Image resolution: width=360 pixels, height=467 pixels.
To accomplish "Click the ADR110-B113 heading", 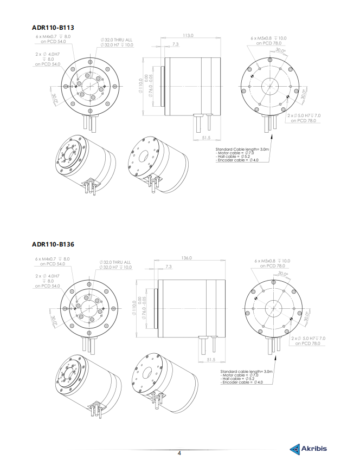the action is pos(53,28).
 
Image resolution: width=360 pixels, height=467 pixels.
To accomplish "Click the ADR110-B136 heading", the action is pos(53,244).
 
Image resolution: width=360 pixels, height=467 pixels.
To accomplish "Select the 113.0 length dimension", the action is pos(188,35).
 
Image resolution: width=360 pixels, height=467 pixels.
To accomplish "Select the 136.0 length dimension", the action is pos(187,258).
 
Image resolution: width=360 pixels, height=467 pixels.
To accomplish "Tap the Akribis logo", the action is pos(308,449).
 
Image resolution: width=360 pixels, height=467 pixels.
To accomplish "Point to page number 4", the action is pos(179,453).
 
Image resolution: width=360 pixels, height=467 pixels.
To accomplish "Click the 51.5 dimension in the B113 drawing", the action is pos(206,138).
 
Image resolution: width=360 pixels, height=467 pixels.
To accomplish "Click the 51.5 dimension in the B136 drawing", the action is pos(211,360).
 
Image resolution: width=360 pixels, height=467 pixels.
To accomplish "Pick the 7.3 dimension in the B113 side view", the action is pos(176,44).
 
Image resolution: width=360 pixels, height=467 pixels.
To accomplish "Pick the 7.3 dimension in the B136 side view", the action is pos(169,267).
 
